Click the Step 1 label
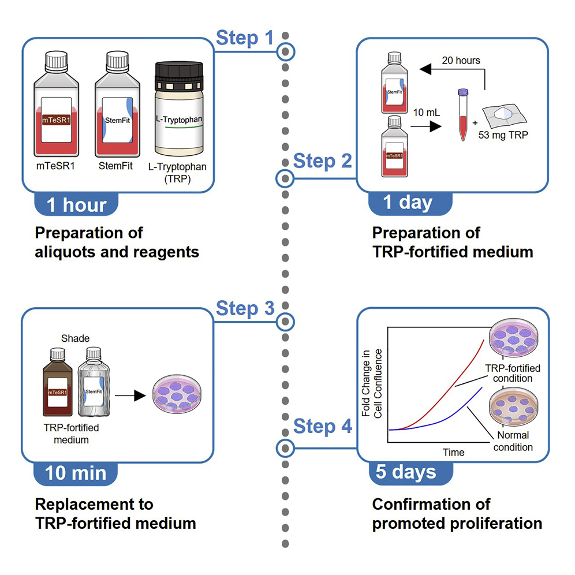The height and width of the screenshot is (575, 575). [x=244, y=38]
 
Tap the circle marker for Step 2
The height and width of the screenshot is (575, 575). [x=285, y=179]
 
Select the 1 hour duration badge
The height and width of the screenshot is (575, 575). [x=77, y=205]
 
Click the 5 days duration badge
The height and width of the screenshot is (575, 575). [x=406, y=472]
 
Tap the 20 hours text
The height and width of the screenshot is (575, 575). [x=461, y=60]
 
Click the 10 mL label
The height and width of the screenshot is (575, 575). [x=426, y=113]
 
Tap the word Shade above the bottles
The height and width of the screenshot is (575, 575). [x=75, y=338]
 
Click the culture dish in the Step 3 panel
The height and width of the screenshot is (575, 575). [x=179, y=397]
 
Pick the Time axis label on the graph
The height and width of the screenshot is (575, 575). [x=453, y=452]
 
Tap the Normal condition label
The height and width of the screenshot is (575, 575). [x=513, y=441]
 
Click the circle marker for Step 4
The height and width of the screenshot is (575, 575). [x=285, y=448]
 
